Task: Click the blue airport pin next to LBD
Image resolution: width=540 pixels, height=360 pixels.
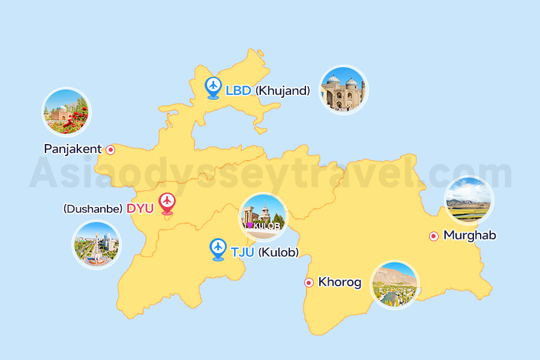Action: click(213, 87)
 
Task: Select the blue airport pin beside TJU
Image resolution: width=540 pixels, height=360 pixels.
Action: click(218, 248)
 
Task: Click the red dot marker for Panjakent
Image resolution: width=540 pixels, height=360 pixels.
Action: click(110, 150)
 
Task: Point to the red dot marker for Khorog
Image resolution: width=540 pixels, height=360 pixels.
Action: click(309, 283)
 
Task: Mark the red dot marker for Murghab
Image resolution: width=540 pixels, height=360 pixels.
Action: click(434, 236)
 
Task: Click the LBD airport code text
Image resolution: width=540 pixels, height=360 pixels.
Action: click(238, 91)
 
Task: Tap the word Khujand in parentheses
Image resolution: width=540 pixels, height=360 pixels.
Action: click(283, 91)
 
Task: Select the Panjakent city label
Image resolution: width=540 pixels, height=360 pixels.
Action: click(73, 149)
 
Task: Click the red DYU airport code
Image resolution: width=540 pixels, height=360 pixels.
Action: click(140, 209)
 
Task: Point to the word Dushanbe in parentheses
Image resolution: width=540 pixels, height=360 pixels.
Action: click(93, 209)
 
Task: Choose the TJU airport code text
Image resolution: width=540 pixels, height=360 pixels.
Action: click(242, 253)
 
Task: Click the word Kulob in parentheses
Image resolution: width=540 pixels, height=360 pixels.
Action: click(278, 253)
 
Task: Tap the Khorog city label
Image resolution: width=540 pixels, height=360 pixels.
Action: click(340, 282)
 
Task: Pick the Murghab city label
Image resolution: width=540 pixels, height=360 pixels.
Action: click(470, 235)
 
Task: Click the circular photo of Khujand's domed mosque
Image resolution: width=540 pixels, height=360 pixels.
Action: click(343, 90)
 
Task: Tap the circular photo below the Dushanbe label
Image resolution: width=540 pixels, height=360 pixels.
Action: click(96, 245)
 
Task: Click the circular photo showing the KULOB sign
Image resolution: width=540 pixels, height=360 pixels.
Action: click(263, 217)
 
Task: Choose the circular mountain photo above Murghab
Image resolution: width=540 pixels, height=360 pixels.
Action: click(469, 200)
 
